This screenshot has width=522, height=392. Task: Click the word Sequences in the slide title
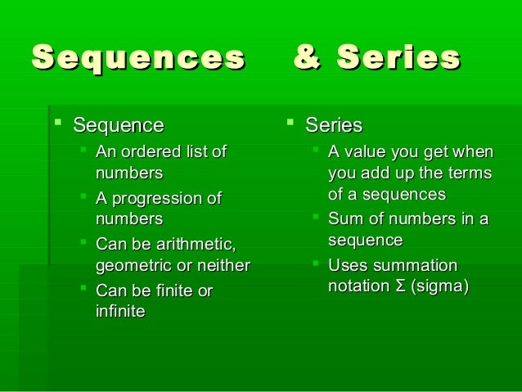click(137, 59)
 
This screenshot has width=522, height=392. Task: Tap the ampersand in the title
click(307, 59)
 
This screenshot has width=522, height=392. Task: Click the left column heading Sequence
click(118, 125)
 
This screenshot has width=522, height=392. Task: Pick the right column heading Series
click(334, 125)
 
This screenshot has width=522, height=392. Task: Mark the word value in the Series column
click(363, 151)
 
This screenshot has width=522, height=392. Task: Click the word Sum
click(344, 219)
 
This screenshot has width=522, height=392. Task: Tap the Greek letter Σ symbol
click(402, 287)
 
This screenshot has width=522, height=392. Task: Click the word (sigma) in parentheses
click(441, 287)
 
